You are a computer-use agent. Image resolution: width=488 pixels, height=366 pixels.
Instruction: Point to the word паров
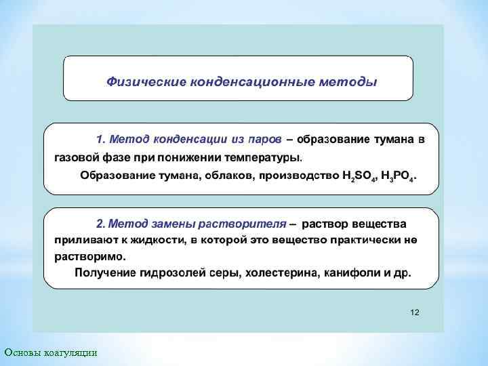tap(262, 140)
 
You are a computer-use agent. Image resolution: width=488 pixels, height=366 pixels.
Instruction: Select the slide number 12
tap(415, 312)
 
